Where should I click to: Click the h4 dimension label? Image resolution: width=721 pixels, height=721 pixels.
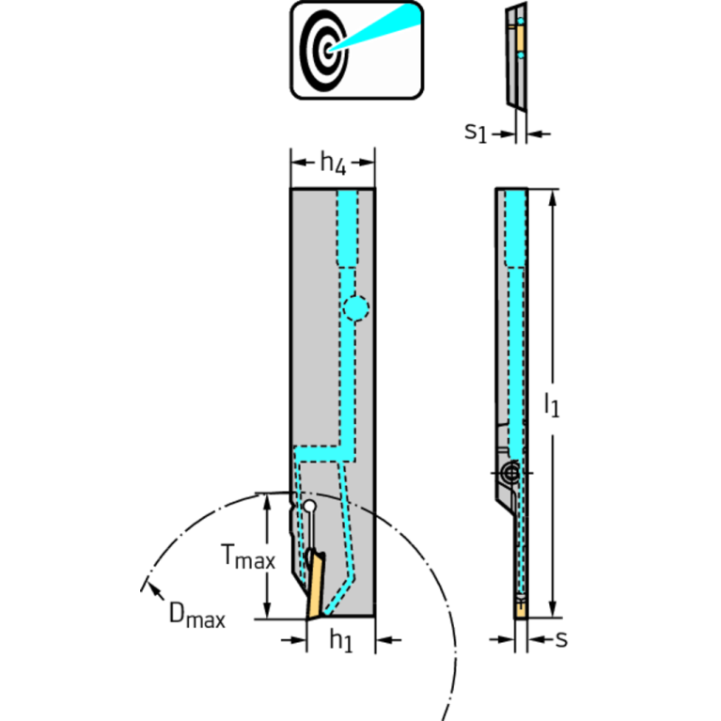[333, 164]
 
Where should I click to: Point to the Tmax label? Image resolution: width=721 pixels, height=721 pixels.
[248, 559]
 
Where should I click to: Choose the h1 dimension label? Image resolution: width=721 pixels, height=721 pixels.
[340, 641]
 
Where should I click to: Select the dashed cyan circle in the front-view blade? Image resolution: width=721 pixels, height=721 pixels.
[355, 307]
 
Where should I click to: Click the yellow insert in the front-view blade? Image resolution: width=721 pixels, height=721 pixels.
[312, 588]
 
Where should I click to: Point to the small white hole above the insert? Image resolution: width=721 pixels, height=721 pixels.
[307, 508]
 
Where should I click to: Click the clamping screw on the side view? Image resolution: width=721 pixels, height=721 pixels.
[510, 474]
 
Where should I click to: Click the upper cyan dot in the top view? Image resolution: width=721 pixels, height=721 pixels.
[522, 22]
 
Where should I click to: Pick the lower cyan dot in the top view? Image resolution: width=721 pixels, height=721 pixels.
[522, 57]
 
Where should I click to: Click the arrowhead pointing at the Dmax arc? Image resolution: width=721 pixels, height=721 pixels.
[147, 588]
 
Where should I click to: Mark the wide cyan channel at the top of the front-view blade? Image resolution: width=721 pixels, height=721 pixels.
[348, 227]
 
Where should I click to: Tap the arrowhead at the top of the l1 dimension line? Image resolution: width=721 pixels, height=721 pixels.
[555, 196]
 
